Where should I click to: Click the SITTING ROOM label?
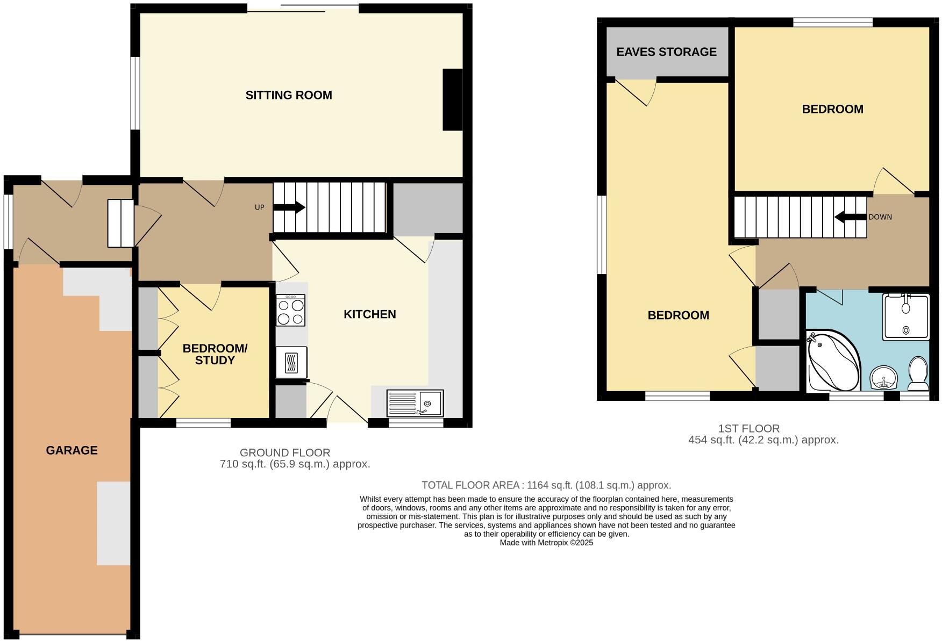(x=289, y=95)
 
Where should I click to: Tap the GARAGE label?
(x=72, y=450)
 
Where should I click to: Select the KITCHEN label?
(x=369, y=314)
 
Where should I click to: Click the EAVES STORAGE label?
(x=666, y=52)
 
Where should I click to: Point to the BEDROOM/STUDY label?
(x=215, y=354)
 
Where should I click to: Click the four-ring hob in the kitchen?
(x=290, y=311)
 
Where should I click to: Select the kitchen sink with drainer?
(x=415, y=403)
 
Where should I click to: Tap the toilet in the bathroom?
(x=918, y=374)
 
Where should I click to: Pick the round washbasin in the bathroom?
(x=883, y=378)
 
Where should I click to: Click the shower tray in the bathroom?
(x=906, y=317)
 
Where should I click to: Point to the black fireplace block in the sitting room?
(x=452, y=99)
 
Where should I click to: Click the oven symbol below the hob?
(x=291, y=362)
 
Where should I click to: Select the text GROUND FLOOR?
(x=284, y=452)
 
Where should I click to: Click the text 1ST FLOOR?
(x=748, y=428)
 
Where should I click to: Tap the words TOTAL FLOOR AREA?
(x=470, y=485)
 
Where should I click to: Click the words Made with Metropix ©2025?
(x=546, y=543)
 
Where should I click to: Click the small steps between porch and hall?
(x=120, y=223)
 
